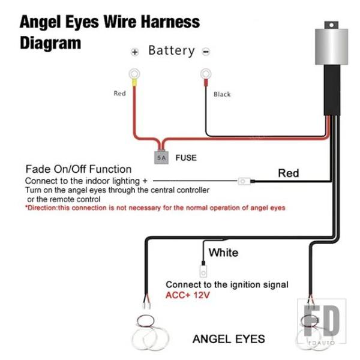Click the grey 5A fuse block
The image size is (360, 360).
click(161, 157)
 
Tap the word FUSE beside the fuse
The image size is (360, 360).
click(186, 158)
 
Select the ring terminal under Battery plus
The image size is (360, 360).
click(134, 74)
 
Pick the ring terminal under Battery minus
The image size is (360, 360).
click(206, 74)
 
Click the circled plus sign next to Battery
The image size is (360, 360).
click(135, 52)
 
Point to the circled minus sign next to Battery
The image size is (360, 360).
click(206, 52)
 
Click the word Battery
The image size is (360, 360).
click(172, 50)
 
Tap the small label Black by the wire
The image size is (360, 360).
click(222, 94)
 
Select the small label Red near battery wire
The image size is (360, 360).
click(119, 93)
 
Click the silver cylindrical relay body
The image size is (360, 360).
click(332, 47)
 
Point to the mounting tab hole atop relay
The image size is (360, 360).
click(331, 25)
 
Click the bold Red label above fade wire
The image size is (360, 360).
click(289, 173)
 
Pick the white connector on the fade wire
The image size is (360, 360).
click(244, 181)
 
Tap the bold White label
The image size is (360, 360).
click(223, 253)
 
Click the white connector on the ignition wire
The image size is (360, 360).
click(203, 271)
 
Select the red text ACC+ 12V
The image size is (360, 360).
click(188, 295)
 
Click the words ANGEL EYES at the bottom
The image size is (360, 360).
click(229, 339)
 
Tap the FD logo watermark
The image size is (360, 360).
click(322, 321)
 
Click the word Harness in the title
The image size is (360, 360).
click(170, 22)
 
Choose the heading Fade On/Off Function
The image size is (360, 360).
click(79, 169)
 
